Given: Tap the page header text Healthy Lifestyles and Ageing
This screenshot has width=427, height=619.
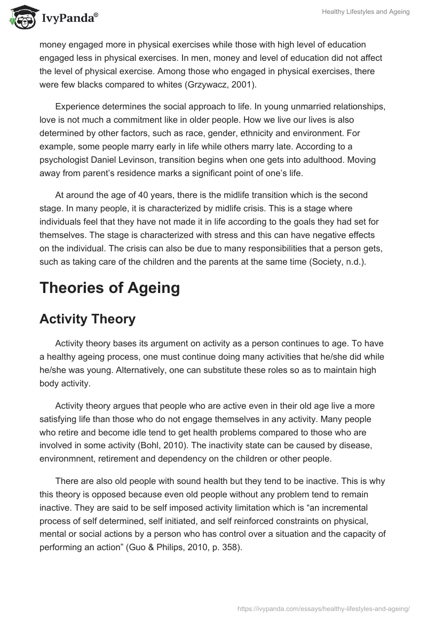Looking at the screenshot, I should click(366, 12).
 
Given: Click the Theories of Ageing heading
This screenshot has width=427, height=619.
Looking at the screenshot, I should click(109, 288).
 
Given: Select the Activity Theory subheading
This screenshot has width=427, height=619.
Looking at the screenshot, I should click(88, 319).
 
